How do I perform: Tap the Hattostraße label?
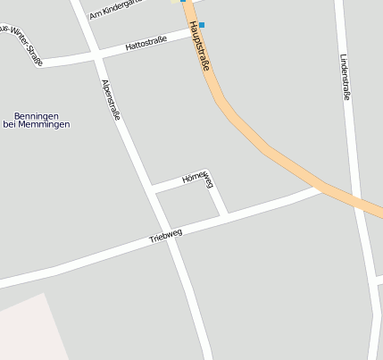coord(146,42)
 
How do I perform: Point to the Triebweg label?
coord(165,235)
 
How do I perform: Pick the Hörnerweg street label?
coord(198,180)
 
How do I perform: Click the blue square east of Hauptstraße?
coord(202,25)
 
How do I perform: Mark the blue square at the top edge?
coord(183,2)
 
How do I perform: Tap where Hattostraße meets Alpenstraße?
coord(96,54)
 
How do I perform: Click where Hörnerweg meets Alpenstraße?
coord(153,189)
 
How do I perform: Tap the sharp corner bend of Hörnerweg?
coord(208,172)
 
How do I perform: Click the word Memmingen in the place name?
coord(48,124)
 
